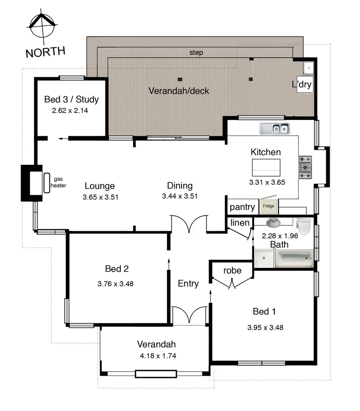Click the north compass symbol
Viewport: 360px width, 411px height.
coord(43,26)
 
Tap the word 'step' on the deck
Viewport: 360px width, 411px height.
coord(196,53)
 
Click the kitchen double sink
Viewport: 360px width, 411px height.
coord(274,129)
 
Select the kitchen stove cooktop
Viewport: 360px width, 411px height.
coord(305,167)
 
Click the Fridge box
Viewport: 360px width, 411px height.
coord(268,206)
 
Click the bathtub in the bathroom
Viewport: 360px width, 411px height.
coord(293,258)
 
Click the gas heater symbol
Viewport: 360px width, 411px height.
coord(47,183)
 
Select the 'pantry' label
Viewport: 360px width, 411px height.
coord(242,207)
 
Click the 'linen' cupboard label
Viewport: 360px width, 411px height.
coord(240,223)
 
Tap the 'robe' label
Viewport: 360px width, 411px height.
coord(232,270)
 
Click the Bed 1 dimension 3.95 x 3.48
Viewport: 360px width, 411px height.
coord(265,327)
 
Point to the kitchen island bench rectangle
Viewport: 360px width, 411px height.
coord(266,166)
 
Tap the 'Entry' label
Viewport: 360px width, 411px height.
coord(188,284)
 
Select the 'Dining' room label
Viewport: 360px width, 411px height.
coord(180,186)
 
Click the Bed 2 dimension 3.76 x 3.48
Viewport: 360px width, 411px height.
coord(115,284)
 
